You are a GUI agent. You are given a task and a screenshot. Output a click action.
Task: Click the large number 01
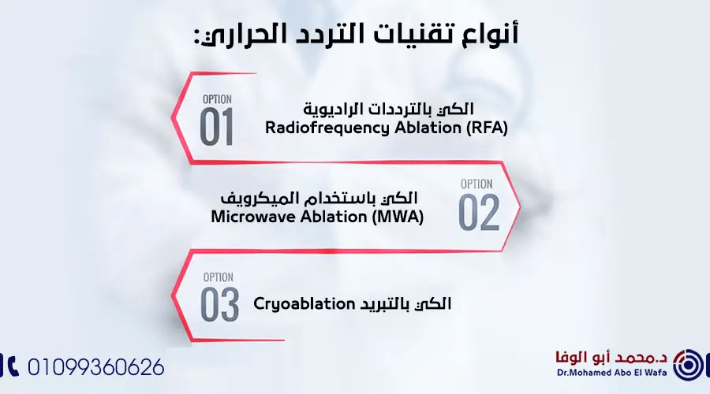click(216, 127)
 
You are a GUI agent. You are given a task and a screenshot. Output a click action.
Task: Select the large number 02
click(479, 213)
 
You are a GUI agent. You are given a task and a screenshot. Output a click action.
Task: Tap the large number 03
click(219, 304)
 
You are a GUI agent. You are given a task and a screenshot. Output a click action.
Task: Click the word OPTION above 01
click(217, 99)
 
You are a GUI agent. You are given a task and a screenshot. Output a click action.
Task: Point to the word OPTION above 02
click(476, 184)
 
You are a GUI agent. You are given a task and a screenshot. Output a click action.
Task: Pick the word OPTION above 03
click(219, 277)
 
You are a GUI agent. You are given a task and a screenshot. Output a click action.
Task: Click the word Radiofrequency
click(327, 128)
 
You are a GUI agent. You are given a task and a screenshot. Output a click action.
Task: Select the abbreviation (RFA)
click(487, 128)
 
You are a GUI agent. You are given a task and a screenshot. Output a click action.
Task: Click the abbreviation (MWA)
click(398, 217)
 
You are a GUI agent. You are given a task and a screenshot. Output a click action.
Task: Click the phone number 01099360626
click(96, 367)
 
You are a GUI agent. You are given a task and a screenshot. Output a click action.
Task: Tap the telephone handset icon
click(12, 366)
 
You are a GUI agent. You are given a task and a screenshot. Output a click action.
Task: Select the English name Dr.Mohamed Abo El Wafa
click(611, 373)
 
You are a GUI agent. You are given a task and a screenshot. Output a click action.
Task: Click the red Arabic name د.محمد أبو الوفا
click(611, 358)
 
